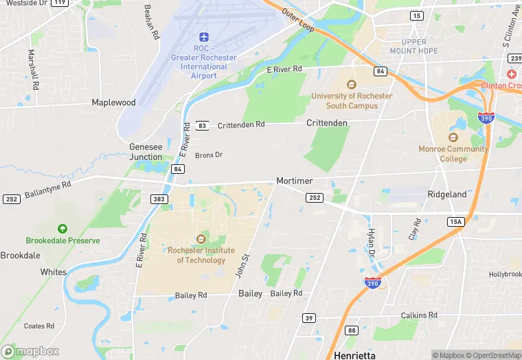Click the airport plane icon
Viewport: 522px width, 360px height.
(203, 36)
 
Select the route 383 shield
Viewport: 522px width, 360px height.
(159, 199)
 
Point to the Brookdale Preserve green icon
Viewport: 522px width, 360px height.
(63, 228)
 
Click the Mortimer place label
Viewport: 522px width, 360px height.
(295, 181)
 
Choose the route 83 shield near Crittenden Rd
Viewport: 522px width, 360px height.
(203, 126)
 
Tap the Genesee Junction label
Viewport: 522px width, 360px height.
(146, 152)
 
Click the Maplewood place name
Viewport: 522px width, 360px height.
(114, 102)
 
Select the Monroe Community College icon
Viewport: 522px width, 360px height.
(453, 137)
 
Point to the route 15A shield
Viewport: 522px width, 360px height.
(455, 222)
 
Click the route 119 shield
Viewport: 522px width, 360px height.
(60, 3)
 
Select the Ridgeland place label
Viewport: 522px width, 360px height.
(447, 194)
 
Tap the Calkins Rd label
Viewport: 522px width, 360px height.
(419, 315)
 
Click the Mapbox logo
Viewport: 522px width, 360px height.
(30, 351)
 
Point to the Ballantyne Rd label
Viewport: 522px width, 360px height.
(48, 190)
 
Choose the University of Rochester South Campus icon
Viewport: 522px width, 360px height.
(352, 85)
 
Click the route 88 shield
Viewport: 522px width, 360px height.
(352, 330)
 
